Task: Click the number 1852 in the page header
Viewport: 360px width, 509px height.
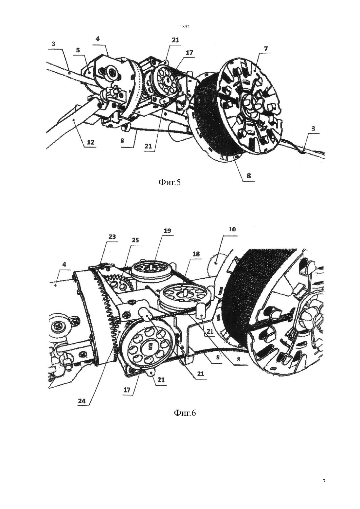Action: coord(185,27)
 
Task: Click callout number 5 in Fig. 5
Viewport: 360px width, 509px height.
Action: coord(78,50)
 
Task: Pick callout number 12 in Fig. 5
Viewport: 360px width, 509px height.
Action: coord(90,143)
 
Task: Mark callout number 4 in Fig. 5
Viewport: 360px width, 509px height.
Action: coord(98,39)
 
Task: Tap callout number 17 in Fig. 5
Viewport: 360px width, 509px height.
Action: coord(189,53)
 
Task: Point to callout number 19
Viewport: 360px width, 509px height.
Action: coord(168,231)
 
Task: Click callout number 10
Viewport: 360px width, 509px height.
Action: coord(232,229)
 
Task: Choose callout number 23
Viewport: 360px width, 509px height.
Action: coord(112,237)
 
